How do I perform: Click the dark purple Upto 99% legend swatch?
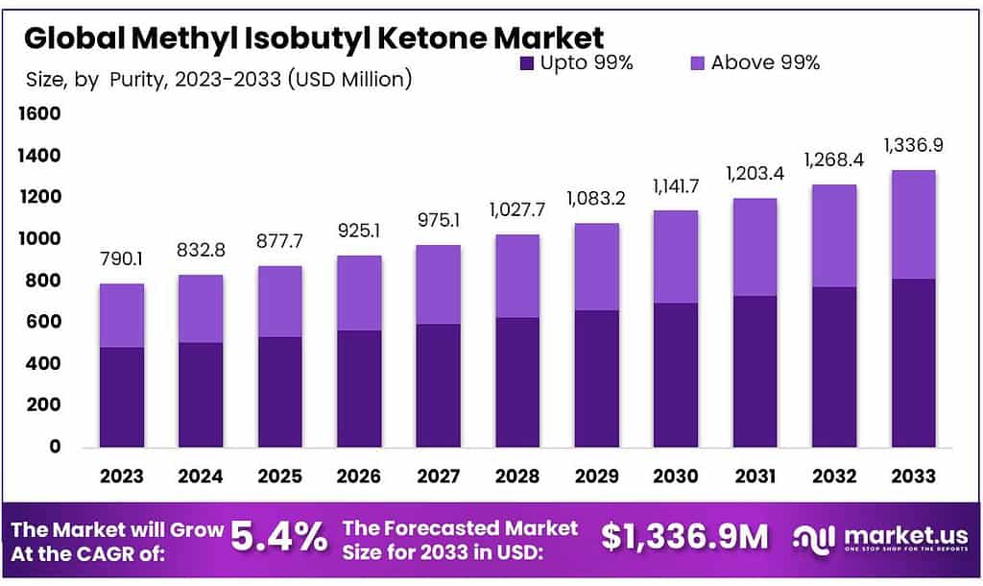526,63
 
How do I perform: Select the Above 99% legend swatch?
697,63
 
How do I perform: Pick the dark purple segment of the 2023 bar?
121,396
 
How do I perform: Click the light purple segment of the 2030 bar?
676,256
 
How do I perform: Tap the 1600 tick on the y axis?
40,114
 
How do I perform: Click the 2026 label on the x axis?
358,476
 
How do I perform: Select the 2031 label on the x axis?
755,476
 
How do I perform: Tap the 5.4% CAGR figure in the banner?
279,537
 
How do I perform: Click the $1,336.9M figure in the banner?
684,537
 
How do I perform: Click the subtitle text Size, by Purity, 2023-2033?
217,79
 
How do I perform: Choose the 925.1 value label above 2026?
358,232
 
